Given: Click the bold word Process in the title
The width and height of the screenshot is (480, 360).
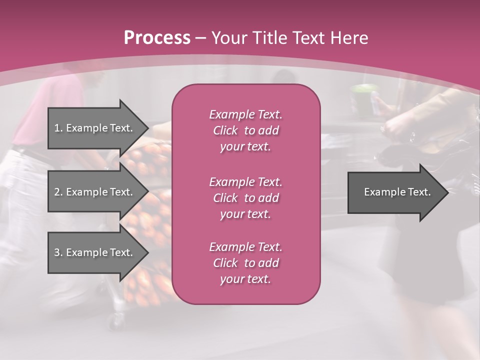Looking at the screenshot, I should [x=157, y=37].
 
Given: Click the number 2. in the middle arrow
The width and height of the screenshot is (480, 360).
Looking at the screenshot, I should [x=58, y=192].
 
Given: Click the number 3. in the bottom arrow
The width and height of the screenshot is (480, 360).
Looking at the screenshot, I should [x=58, y=252].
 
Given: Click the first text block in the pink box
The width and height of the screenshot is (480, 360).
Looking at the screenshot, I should [x=245, y=130].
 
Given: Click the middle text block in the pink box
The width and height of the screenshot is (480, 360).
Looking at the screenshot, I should [x=245, y=197].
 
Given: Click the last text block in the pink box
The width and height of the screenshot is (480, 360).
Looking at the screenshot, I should [x=245, y=263].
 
